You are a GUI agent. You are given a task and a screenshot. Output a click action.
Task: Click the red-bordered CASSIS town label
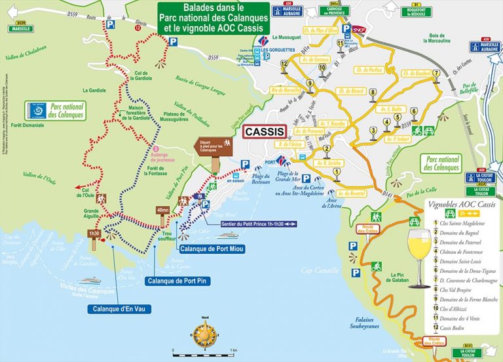click(x=265, y=131)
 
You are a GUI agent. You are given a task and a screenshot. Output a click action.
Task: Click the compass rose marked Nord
click(x=205, y=335)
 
